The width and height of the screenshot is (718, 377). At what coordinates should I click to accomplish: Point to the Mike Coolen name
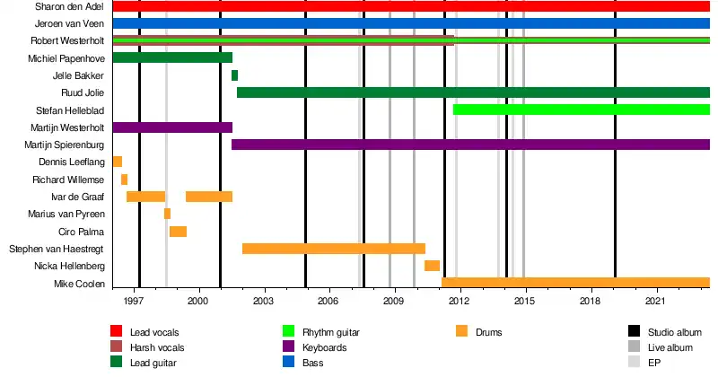83,284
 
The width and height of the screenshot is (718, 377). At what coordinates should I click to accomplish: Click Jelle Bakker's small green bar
234,75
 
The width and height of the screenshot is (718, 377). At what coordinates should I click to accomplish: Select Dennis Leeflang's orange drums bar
118,162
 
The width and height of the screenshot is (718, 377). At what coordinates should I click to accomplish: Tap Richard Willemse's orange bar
124,180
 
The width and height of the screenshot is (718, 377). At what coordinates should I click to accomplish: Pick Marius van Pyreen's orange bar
167,214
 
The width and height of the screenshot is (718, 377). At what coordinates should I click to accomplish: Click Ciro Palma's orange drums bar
178,232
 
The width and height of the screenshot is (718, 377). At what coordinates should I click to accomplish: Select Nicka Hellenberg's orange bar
432,266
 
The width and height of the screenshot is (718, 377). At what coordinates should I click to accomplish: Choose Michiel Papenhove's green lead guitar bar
172,58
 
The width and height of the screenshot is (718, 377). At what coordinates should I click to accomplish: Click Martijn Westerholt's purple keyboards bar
172,127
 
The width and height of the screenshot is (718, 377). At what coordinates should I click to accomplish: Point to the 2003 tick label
263,303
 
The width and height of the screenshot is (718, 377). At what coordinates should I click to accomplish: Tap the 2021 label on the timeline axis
656,303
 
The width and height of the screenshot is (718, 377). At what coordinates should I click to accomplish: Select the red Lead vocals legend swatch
116,332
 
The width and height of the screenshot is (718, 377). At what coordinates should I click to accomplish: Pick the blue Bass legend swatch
288,363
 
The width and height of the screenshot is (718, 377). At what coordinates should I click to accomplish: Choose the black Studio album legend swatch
635,332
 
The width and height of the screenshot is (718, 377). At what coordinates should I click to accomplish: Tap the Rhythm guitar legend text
332,332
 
